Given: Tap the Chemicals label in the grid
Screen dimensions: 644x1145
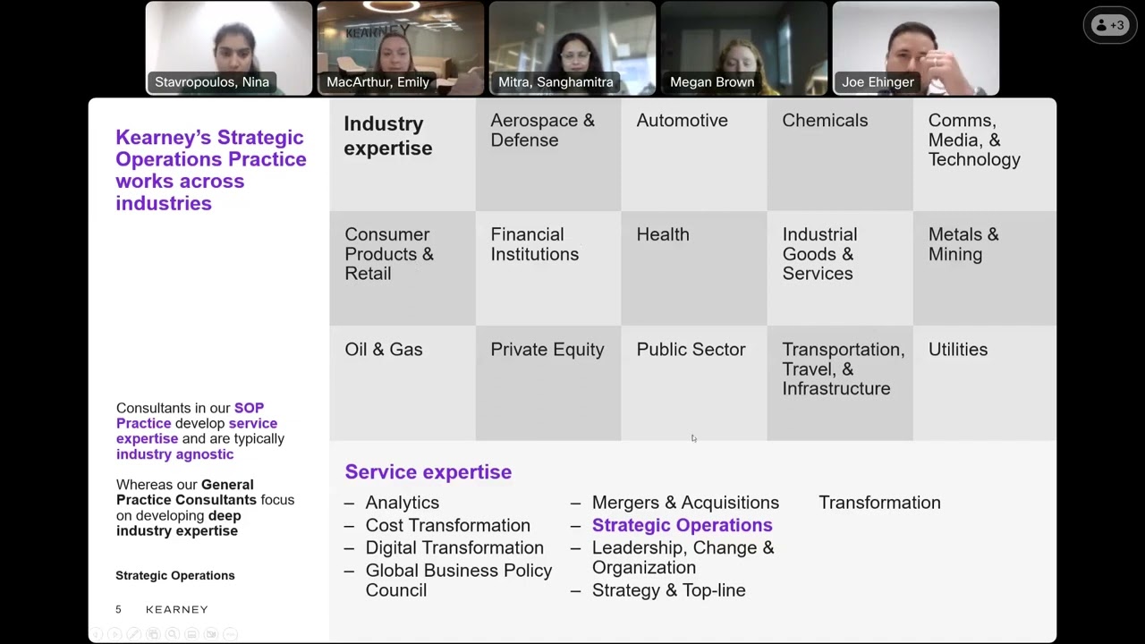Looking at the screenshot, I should coord(825,121).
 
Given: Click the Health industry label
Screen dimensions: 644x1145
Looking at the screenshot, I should coord(663,234).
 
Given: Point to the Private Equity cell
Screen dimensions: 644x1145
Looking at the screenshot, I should coord(547,350).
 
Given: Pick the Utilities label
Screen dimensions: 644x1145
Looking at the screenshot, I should coord(958,350).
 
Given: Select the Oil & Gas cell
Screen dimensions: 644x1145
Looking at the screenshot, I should coord(384,350).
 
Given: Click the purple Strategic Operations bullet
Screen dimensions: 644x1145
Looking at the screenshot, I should coord(682,525).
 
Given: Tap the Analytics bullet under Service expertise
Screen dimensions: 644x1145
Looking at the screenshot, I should coord(402,503).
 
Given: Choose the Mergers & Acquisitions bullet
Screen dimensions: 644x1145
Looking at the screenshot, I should coord(685,503).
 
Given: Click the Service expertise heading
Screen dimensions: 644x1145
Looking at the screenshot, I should coord(428,472).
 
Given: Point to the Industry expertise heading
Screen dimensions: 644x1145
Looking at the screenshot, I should coord(388,136).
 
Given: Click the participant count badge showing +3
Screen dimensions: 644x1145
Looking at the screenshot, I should coord(1109,25).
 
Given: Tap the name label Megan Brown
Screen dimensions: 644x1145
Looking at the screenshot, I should coord(712,82).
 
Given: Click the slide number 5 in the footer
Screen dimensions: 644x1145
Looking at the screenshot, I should coord(118,609).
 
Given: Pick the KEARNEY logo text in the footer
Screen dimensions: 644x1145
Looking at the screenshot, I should coord(177,609).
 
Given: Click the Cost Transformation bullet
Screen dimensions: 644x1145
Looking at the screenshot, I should coord(447,525).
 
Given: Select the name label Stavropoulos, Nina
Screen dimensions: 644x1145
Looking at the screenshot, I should coord(212,82).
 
